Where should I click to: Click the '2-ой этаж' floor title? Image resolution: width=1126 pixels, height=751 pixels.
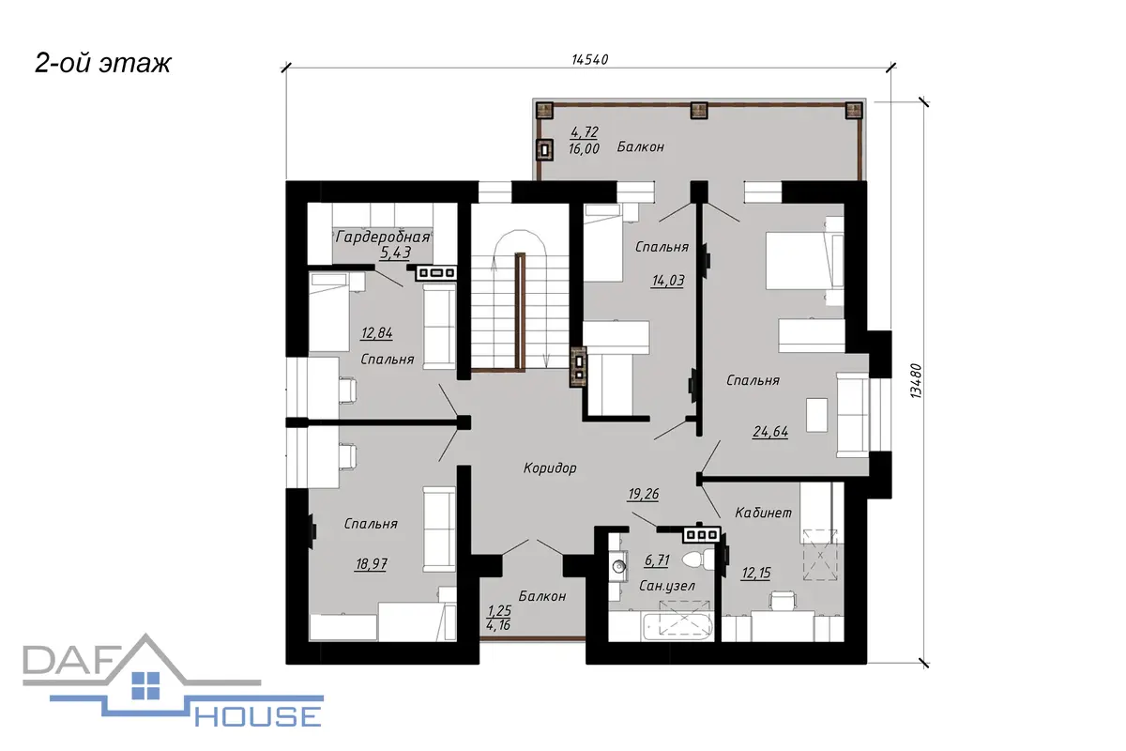[103, 64]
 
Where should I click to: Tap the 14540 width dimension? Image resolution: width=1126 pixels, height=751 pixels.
[589, 59]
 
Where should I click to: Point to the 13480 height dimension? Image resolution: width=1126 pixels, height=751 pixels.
[917, 381]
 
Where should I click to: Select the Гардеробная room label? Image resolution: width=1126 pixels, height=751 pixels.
[383, 237]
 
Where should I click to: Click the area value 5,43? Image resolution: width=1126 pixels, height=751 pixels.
[396, 252]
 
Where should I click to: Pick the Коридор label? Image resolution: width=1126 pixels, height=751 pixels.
[550, 467]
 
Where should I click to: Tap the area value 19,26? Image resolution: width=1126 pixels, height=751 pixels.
[644, 494]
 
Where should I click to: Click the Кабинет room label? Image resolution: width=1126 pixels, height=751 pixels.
[763, 513]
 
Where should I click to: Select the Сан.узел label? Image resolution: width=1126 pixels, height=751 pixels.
[667, 586]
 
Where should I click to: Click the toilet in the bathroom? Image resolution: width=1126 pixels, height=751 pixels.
[699, 559]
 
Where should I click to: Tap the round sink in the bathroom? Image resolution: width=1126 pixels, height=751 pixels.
[618, 566]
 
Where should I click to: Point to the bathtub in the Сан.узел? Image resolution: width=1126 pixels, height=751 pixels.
[677, 627]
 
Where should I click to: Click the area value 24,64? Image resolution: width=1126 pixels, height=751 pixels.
[770, 432]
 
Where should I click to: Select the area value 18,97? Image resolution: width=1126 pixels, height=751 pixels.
[372, 564]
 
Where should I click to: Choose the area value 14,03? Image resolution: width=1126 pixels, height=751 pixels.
[668, 280]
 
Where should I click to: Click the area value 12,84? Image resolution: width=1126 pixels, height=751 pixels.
[377, 332]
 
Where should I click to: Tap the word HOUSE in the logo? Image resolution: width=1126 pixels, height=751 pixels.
[258, 717]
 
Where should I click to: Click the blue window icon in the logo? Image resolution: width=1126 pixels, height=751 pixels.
[145, 685]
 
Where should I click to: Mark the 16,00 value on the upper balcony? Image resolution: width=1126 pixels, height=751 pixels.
[584, 148]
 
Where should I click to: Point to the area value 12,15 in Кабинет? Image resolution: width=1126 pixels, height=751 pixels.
[756, 573]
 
